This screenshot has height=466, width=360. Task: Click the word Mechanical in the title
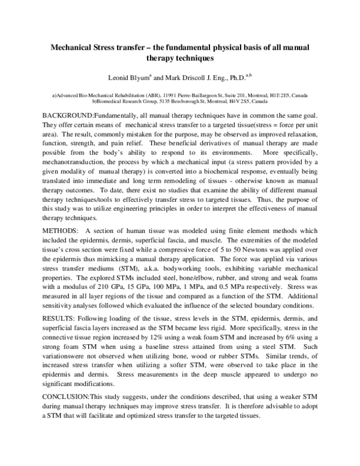tap(70, 47)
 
